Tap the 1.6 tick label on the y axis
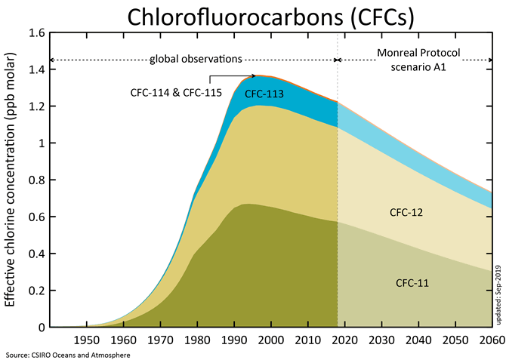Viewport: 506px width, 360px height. click(36, 33)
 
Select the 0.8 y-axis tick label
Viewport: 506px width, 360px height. click(36, 180)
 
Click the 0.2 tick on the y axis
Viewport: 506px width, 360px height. click(36, 291)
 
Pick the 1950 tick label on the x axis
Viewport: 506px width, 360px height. click(86, 340)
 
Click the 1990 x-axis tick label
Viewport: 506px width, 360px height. click(234, 340)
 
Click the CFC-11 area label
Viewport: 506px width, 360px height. click(412, 283)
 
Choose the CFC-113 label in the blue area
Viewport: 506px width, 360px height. click(264, 94)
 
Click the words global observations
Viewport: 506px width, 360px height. click(195, 58)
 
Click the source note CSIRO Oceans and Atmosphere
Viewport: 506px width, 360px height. click(67, 354)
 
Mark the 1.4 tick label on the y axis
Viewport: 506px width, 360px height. click(36, 70)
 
